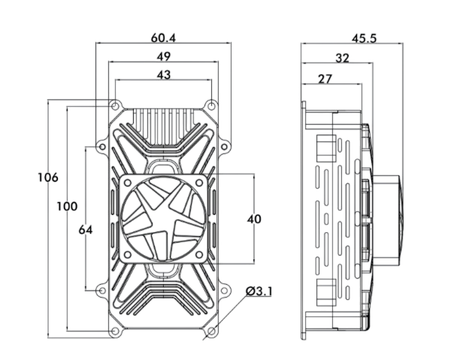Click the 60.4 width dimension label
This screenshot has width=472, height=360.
(164, 37)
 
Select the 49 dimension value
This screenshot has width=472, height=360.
(164, 56)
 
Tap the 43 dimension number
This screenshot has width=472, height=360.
(164, 74)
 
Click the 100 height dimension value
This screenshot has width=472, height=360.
(67, 206)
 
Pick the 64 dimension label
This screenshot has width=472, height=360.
(85, 230)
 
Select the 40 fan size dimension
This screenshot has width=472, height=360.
(254, 219)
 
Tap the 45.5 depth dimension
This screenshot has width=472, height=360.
(364, 38)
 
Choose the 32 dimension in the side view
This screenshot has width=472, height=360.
(342, 57)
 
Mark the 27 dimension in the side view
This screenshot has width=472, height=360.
(325, 78)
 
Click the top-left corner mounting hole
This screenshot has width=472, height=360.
(115, 105)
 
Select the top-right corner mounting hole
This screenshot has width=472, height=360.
(212, 105)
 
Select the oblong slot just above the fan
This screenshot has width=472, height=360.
(163, 161)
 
